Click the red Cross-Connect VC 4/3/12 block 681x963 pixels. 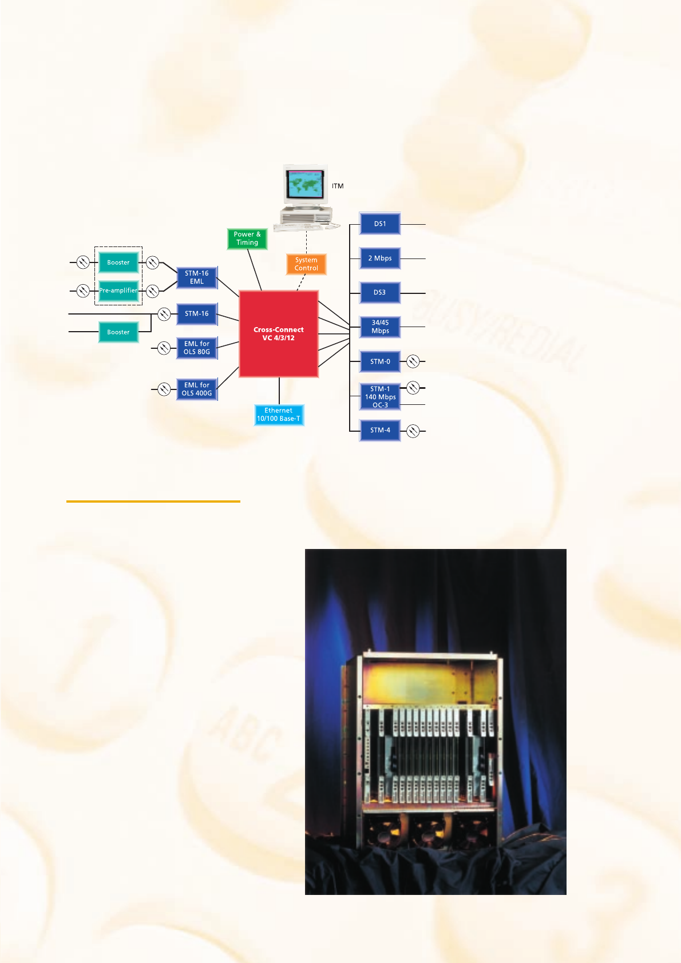pos(279,334)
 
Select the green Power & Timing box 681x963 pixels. pos(247,238)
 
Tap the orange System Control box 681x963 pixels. pos(306,264)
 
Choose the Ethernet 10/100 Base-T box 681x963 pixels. pos(279,415)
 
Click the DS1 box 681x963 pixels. pos(380,224)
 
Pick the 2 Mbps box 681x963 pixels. pos(380,258)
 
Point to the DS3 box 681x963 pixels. pos(380,293)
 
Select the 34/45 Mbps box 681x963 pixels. pos(380,327)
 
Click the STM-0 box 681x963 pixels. pos(380,361)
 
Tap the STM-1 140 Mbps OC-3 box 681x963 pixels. pos(380,397)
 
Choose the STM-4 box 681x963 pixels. pos(380,430)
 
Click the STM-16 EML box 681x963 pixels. pos(197,277)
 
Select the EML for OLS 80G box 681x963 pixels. pos(197,348)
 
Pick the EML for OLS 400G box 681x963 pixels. pos(197,389)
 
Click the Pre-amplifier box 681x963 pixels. pos(118,291)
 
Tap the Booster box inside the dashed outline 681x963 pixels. pos(118,262)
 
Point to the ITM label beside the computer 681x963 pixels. pos(338,186)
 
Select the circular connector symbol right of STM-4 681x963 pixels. pos(413,431)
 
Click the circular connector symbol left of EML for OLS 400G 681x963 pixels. pos(164,389)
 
